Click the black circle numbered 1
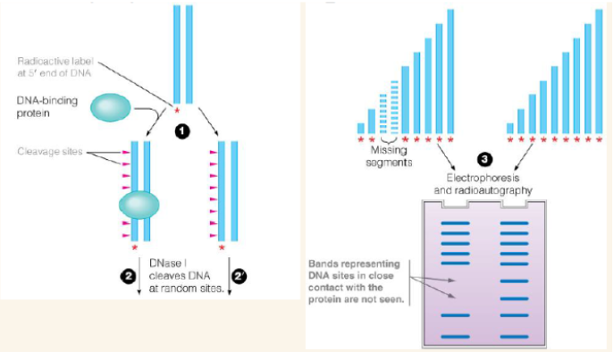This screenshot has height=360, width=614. (181, 130)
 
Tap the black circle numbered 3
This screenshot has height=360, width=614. (484, 160)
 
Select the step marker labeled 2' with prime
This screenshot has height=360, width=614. (238, 277)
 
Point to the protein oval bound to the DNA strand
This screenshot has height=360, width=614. (139, 207)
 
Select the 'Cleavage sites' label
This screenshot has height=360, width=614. (52, 151)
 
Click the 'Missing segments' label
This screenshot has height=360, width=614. (388, 156)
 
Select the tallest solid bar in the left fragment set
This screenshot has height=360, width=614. (450, 71)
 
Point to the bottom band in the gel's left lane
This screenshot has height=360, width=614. (455, 336)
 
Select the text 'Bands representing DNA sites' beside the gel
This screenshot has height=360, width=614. (354, 272)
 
